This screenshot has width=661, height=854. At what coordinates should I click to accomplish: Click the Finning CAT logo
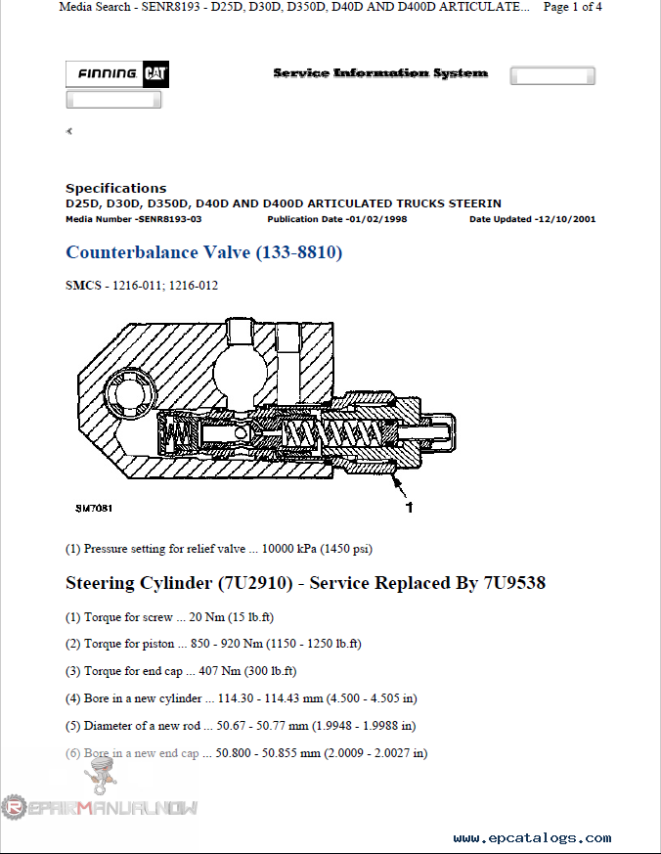(113, 74)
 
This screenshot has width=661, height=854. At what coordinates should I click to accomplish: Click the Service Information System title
(380, 73)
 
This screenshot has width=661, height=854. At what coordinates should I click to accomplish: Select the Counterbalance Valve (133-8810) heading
(203, 252)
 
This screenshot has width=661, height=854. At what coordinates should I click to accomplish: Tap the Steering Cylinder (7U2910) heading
(305, 583)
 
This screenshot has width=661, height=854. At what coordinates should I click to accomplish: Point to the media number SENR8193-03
(134, 219)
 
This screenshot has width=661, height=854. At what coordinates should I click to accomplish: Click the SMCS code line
(142, 286)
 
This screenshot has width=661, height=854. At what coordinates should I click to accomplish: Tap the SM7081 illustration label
(94, 508)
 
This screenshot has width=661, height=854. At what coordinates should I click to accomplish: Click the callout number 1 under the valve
(409, 507)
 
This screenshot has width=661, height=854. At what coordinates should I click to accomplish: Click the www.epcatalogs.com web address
(532, 838)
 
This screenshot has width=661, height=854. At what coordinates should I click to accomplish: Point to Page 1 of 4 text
(573, 7)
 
